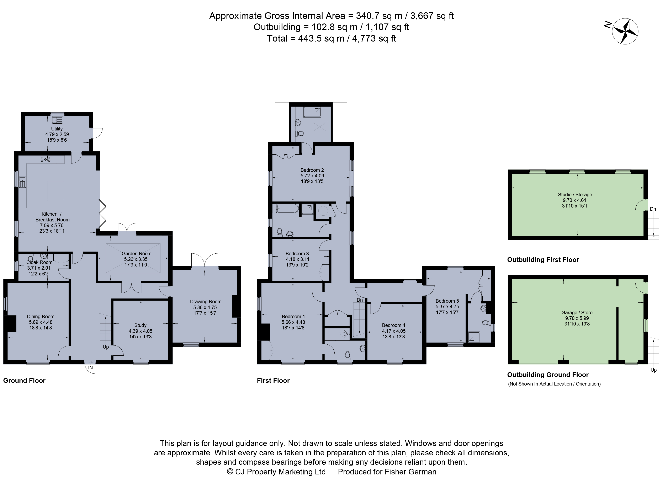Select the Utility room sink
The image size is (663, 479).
click(58, 120)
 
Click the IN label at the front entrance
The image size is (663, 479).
click(91, 368)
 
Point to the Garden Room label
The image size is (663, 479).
click(137, 253)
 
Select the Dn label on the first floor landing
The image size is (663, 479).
click(360, 300)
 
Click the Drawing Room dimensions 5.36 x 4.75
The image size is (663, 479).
click(205, 307)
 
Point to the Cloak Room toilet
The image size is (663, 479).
click(30, 258)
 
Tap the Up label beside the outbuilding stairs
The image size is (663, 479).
click(654, 370)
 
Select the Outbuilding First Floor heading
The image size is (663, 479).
click(543, 260)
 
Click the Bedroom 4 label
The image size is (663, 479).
click(393, 325)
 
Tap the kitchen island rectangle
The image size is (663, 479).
click(56, 191)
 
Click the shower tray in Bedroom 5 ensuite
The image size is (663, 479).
click(474, 337)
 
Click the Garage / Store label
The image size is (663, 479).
click(577, 313)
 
